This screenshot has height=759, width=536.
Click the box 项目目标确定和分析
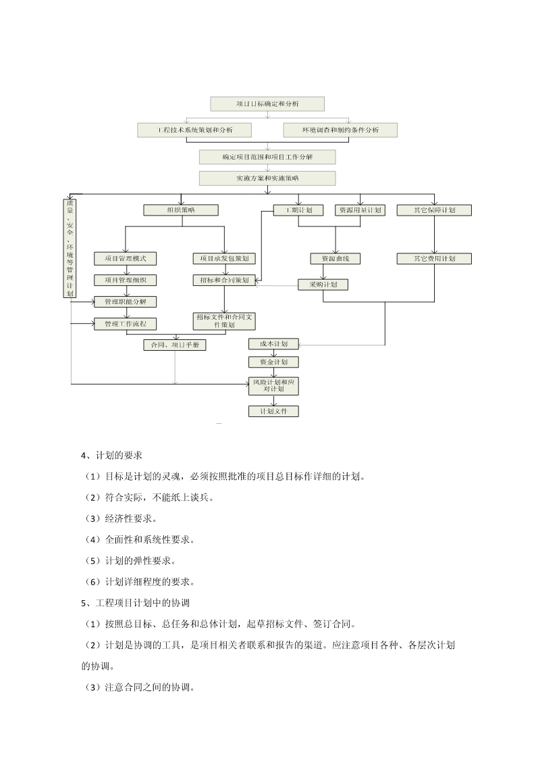pyautogui.click(x=267, y=103)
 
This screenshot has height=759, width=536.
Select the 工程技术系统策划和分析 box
pyautogui.click(x=194, y=130)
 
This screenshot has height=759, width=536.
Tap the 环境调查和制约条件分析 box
pyautogui.click(x=340, y=130)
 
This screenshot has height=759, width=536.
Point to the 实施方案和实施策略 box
pyautogui.click(x=267, y=178)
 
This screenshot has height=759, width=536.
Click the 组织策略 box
pyautogui.click(x=180, y=210)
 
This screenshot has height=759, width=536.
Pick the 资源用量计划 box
pyautogui.click(x=360, y=210)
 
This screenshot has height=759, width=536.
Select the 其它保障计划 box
pyautogui.click(x=434, y=210)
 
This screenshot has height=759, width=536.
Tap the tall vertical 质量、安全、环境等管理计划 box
pyautogui.click(x=70, y=248)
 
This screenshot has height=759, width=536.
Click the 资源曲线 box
pyautogui.click(x=336, y=258)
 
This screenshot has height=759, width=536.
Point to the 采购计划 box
pyautogui.click(x=323, y=285)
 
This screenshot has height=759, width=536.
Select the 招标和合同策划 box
pyautogui.click(x=224, y=280)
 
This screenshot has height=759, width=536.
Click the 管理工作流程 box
pyautogui.click(x=125, y=324)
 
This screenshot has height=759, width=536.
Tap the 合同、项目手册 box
pyautogui.click(x=175, y=345)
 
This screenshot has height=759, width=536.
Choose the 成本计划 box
pyautogui.click(x=273, y=344)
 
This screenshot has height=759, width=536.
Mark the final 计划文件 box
pyautogui.click(x=273, y=411)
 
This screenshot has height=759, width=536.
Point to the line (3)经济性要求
pyautogui.click(x=119, y=518)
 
